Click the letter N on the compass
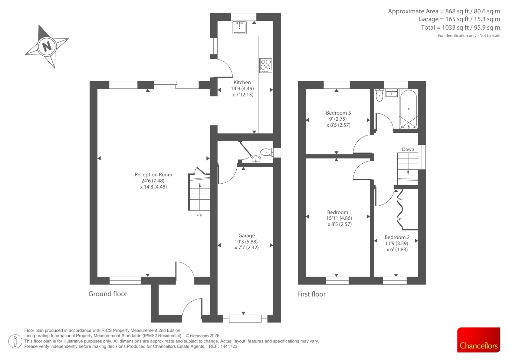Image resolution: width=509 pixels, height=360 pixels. tap(47, 46)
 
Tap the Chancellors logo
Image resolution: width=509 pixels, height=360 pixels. tap(478, 340)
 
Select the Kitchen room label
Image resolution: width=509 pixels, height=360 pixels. tap(242, 82)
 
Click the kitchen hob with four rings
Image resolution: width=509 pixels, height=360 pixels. tap(266, 66)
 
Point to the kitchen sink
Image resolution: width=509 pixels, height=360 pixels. tap(240, 28)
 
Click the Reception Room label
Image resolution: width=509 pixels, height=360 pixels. tap(153, 175)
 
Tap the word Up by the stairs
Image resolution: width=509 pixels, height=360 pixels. tap(199, 215)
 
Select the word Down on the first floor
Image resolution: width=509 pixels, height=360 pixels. tap(408, 149)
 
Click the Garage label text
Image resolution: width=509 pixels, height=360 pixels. tap(247, 236)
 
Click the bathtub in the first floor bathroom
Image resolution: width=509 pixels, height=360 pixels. tap(408, 109)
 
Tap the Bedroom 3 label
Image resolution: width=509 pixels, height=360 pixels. tap(338, 113)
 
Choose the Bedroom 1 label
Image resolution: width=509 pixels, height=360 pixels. tap(339, 212)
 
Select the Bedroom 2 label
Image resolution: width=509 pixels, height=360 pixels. tap(397, 237)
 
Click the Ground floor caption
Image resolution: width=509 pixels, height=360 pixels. tap(108, 294)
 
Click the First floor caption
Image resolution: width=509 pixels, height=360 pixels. tap(311, 294)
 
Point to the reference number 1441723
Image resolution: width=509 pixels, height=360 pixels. tap(229, 346)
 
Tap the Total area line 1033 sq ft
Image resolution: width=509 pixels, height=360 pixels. tap(460, 27)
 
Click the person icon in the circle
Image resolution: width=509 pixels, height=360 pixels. tap(15, 341)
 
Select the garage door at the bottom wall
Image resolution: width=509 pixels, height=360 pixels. tap(245, 319)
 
